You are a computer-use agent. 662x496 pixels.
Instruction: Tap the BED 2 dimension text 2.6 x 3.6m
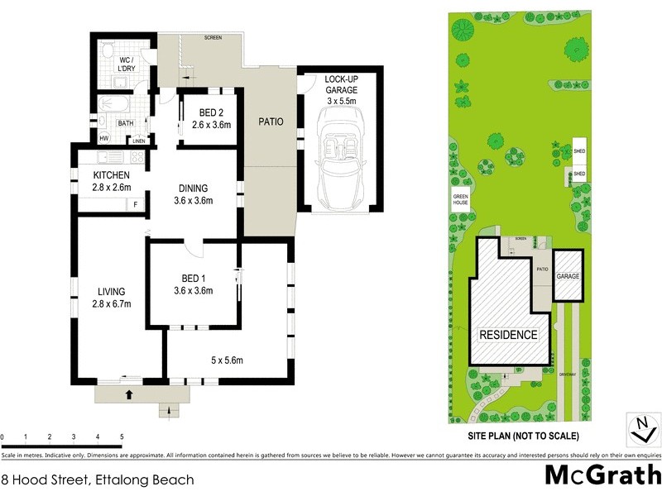click(210, 125)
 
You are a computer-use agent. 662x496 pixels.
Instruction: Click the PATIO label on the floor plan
click(271, 122)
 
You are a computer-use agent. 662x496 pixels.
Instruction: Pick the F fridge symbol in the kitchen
click(134, 204)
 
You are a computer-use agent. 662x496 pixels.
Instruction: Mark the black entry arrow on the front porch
click(129, 394)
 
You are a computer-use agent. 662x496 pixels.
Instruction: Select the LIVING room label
click(110, 292)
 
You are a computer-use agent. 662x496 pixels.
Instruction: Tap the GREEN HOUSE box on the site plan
click(461, 200)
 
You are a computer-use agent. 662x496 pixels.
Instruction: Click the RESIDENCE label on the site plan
click(509, 335)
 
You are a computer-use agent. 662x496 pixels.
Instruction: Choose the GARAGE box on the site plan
click(568, 276)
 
